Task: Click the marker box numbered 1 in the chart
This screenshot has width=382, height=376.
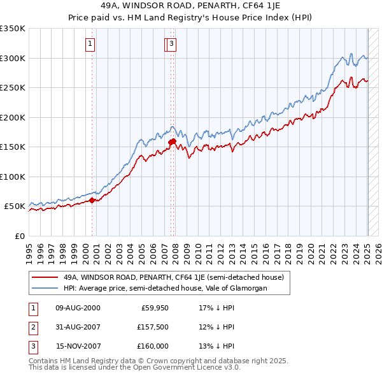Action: click(90, 44)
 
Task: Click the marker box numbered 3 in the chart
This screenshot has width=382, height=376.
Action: click(173, 44)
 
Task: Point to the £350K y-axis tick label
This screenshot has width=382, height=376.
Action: click(13, 29)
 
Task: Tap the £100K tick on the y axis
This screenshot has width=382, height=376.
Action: click(13, 177)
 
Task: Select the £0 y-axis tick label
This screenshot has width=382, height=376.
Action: click(18, 236)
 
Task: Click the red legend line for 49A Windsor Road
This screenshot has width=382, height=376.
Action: click(44, 278)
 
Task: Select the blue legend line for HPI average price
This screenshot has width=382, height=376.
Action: click(44, 289)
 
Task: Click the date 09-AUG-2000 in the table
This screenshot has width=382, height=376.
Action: click(78, 308)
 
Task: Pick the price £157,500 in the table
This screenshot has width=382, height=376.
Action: click(153, 327)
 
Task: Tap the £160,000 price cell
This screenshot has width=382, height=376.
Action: click(153, 346)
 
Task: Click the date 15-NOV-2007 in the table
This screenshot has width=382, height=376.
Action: click(78, 346)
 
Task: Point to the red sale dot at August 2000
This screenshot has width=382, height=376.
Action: click(92, 200)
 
